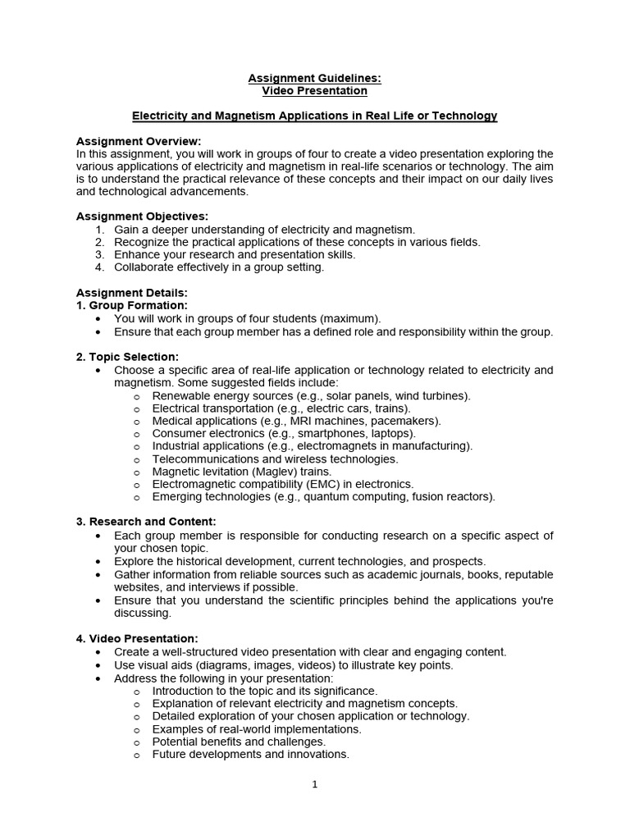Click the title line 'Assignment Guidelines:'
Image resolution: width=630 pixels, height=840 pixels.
pyautogui.click(x=314, y=78)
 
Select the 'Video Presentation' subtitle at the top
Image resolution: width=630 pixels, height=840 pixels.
pyautogui.click(x=314, y=90)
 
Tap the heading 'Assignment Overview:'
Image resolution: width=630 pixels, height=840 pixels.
pyautogui.click(x=139, y=141)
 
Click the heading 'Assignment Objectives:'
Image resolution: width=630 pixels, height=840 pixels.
pyautogui.click(x=142, y=217)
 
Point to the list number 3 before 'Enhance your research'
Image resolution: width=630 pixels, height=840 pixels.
pyautogui.click(x=99, y=254)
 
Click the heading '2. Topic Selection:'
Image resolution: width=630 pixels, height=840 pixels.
pyautogui.click(x=127, y=357)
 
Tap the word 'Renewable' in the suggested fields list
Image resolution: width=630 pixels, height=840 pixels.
pyautogui.click(x=180, y=395)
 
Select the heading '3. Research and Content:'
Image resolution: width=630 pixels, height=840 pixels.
pyautogui.click(x=146, y=522)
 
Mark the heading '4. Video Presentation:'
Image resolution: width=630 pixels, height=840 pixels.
pyautogui.click(x=137, y=638)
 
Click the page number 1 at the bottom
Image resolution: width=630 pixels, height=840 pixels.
pyautogui.click(x=314, y=784)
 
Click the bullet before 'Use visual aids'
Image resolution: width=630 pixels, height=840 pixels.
pyautogui.click(x=98, y=665)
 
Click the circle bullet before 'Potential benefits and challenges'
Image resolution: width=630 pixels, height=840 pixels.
pyautogui.click(x=136, y=742)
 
